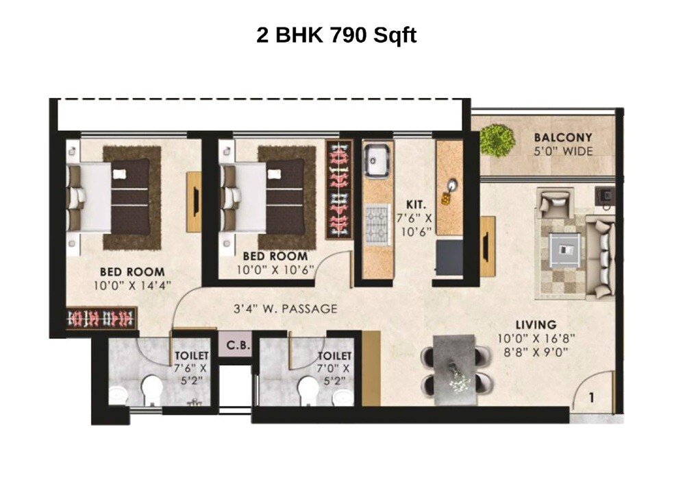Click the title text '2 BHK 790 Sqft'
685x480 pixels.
click(336, 36)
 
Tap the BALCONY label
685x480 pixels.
click(563, 138)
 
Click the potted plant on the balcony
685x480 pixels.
click(497, 140)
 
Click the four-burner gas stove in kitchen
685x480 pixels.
click(375, 224)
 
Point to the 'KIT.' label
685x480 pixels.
click(414, 204)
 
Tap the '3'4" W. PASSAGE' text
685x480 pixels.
click(284, 309)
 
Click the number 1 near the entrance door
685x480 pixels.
click(590, 396)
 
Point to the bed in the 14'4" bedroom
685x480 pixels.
click(110, 197)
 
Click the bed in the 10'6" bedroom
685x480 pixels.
click(264, 197)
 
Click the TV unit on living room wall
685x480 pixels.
click(488, 245)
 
